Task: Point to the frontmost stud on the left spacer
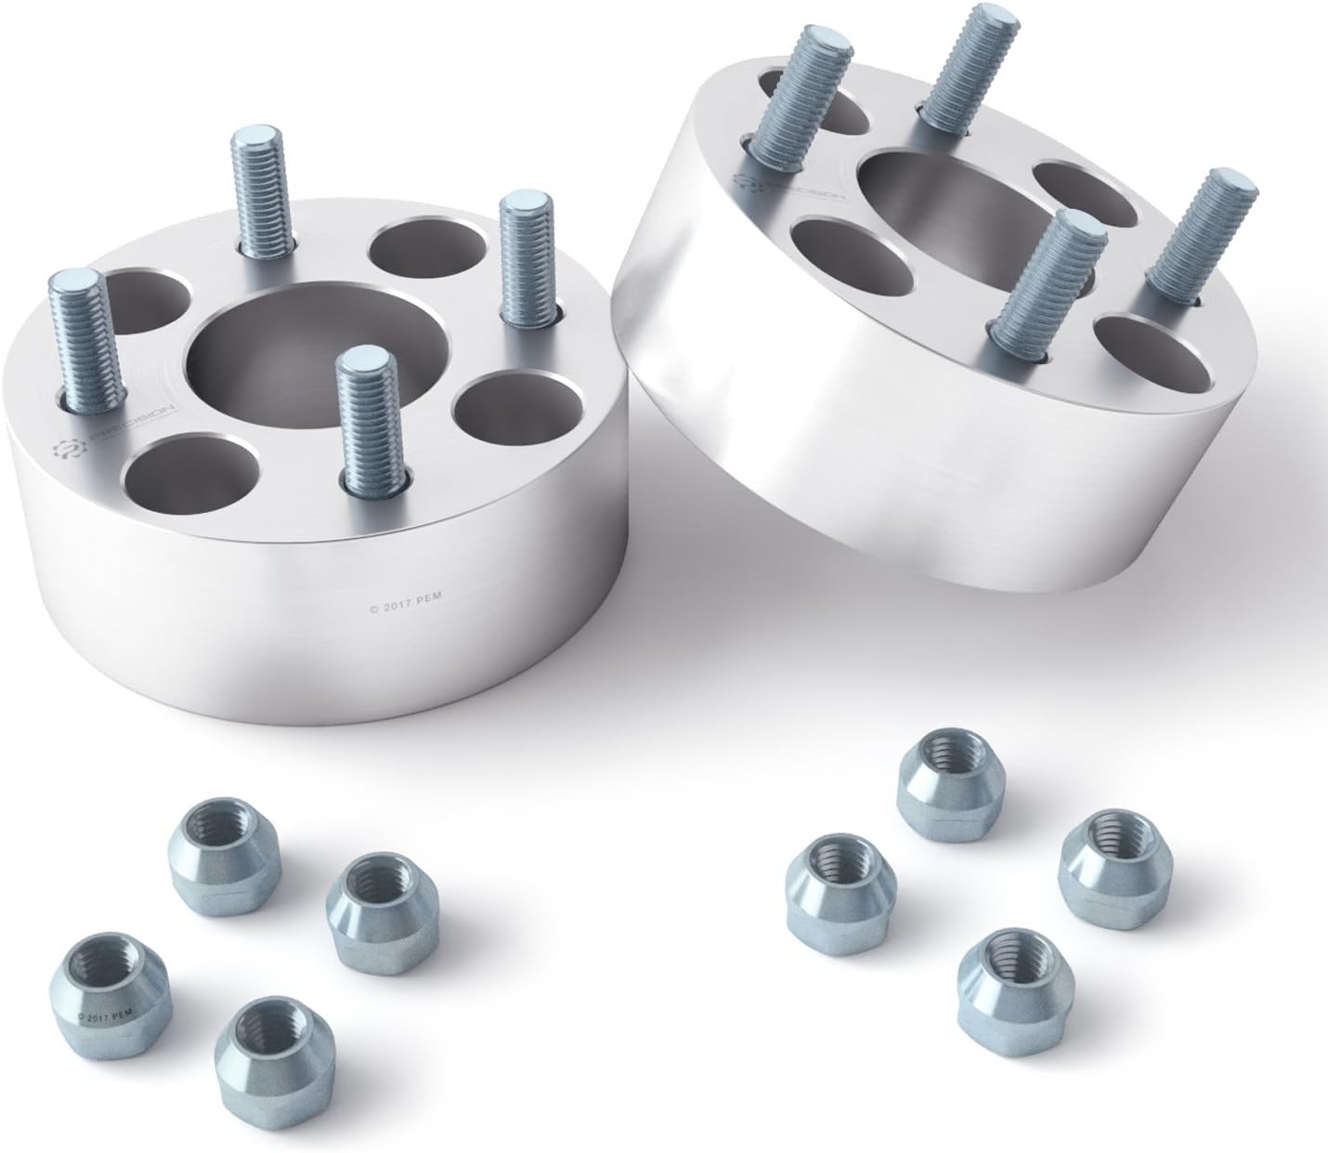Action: (x=371, y=418)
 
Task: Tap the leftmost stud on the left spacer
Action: (x=88, y=334)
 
